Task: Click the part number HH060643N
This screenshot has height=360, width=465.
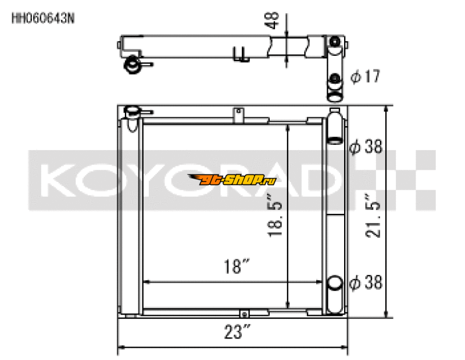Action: pos(42,17)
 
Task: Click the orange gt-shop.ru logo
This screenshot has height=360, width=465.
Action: pos(232,179)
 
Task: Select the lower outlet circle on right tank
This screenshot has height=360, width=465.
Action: pos(335,283)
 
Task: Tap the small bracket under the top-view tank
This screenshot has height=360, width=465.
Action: pos(237,55)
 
